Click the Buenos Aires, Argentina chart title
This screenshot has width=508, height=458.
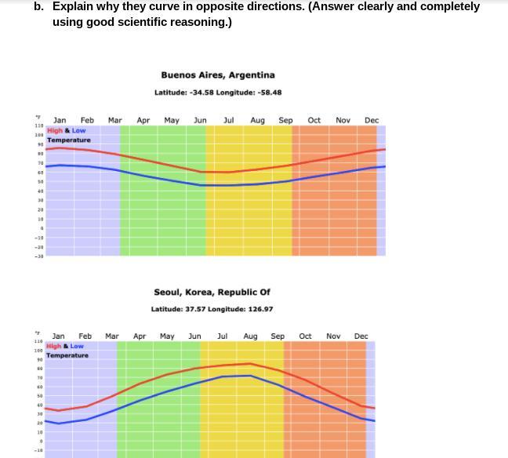click(218, 75)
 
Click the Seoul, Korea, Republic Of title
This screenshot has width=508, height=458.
click(212, 293)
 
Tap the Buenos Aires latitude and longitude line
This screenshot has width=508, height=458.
click(218, 93)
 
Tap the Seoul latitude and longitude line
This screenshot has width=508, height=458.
click(212, 309)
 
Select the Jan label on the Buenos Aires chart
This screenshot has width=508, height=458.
click(60, 121)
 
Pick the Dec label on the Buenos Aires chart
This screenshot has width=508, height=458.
click(372, 121)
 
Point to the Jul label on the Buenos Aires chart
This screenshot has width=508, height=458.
click(229, 121)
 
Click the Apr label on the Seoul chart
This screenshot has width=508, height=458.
click(140, 336)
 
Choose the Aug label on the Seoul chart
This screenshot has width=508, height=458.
click(250, 336)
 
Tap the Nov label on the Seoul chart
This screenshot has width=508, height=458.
click(333, 336)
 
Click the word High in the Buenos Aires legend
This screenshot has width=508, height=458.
click(55, 131)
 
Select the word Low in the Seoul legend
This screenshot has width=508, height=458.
click(77, 347)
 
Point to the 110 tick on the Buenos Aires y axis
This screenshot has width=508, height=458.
click(38, 126)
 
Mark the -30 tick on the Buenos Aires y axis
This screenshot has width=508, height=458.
click(38, 256)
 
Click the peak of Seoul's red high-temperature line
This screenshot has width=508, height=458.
click(250, 363)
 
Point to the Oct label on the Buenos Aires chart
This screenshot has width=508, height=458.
click(314, 121)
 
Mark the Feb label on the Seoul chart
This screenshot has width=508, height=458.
click(85, 336)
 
